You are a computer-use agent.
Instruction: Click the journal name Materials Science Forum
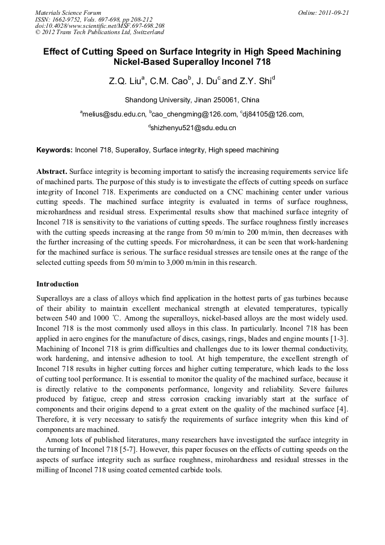click(68, 12)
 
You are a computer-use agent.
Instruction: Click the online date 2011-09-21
click(332, 12)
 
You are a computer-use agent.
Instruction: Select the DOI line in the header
click(100, 26)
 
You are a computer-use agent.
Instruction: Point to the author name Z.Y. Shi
click(257, 81)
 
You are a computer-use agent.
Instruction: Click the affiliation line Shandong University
click(192, 100)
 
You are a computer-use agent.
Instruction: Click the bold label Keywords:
click(55, 151)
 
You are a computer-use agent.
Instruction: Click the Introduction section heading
click(57, 284)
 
